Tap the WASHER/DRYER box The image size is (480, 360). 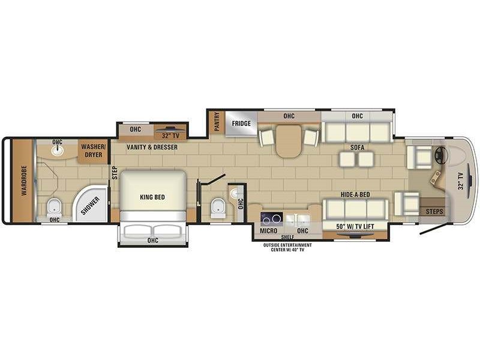94,151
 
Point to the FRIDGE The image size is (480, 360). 241,124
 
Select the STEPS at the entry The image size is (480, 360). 434,211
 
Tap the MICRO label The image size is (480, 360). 268,230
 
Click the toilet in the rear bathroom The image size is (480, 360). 54,208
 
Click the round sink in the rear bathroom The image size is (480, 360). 57,151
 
